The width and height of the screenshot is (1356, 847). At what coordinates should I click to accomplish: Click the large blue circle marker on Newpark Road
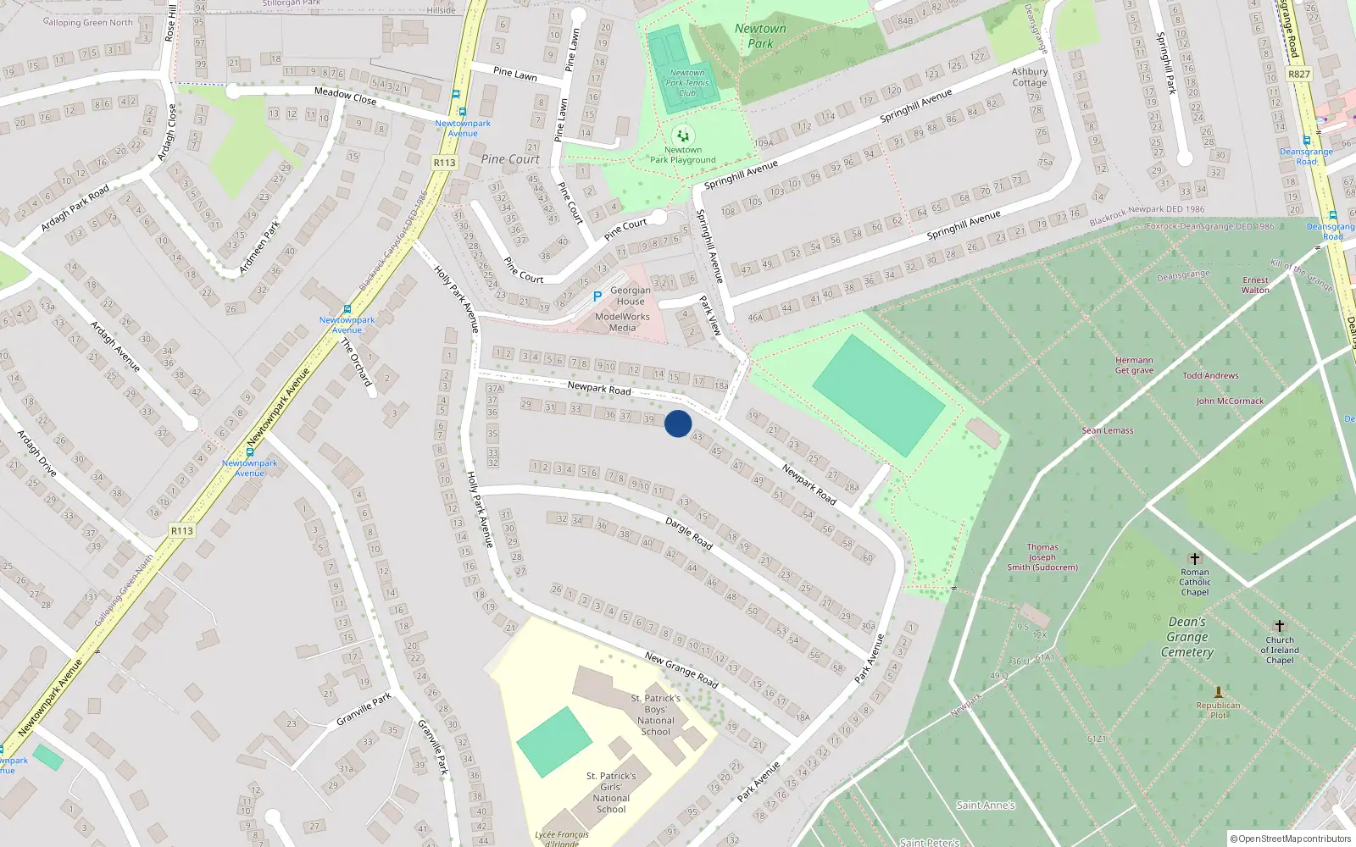tap(678, 423)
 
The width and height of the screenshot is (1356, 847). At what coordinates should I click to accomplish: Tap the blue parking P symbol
tap(597, 296)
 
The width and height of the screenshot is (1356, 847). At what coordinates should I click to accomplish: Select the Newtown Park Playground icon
tap(683, 136)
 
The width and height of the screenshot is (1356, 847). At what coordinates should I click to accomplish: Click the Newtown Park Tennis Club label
tap(687, 83)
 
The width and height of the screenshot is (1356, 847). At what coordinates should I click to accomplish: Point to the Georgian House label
tap(631, 296)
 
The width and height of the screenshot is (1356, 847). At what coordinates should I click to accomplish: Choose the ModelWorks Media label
tap(622, 322)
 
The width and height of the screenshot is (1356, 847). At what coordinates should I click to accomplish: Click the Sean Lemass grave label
tap(1107, 430)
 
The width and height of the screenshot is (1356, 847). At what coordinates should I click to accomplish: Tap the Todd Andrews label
tap(1210, 375)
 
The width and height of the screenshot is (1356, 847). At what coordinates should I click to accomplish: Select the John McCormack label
tap(1229, 401)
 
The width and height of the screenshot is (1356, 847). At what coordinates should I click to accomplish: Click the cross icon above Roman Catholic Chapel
tap(1195, 559)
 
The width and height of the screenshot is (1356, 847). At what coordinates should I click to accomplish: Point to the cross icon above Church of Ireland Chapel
tap(1280, 626)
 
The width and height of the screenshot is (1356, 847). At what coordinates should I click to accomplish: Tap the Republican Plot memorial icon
tap(1219, 692)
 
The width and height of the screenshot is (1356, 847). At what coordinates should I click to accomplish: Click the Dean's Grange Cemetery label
tap(1187, 637)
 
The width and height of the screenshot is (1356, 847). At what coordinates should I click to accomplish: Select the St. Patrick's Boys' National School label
tap(657, 715)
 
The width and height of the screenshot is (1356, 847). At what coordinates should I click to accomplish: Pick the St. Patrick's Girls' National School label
tap(611, 792)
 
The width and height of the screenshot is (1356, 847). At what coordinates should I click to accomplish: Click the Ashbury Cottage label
tap(1030, 77)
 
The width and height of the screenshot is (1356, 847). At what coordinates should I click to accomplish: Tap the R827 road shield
tap(1298, 74)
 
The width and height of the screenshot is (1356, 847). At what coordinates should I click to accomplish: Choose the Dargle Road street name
tap(689, 533)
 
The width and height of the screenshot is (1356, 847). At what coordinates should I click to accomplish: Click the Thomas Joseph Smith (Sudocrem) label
tap(1042, 557)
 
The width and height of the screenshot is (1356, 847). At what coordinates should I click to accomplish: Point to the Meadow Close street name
tap(345, 96)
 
